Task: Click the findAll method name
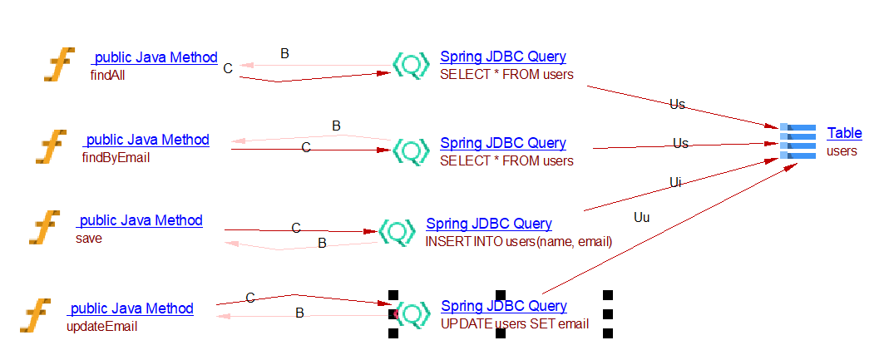tap(107, 75)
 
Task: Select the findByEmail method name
tap(116, 157)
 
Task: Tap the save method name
tap(88, 238)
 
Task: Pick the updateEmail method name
tap(101, 326)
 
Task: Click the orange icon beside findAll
tap(59, 65)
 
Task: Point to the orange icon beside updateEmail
tap(36, 317)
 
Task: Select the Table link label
tap(844, 133)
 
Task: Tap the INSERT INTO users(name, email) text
tap(519, 242)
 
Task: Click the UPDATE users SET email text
tap(515, 324)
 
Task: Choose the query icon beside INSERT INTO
tap(398, 231)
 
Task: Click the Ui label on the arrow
tap(675, 182)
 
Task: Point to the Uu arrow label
tap(641, 218)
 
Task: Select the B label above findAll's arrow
tap(284, 53)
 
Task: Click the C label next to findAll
tap(228, 68)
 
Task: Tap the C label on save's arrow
tap(295, 227)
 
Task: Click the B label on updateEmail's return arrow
tap(299, 313)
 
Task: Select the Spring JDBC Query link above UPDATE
tap(504, 306)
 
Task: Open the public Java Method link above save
tap(140, 220)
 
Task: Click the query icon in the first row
tap(411, 65)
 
